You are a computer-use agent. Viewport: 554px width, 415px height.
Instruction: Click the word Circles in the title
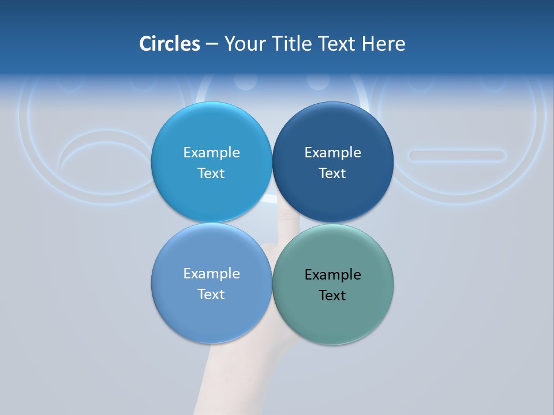pyautogui.click(x=170, y=44)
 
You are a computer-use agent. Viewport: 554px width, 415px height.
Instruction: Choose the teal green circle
pyautogui.click(x=333, y=317)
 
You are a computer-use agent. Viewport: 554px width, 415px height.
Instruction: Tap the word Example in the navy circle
pyautogui.click(x=332, y=153)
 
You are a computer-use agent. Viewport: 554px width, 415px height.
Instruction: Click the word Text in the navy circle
pyautogui.click(x=332, y=173)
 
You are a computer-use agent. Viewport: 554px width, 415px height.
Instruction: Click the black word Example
pyautogui.click(x=332, y=275)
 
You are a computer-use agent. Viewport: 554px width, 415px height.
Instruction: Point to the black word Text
pyautogui.click(x=332, y=296)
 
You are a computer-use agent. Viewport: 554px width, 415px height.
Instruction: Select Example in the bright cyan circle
pyautogui.click(x=211, y=153)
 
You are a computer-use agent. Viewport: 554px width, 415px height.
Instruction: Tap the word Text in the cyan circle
pyautogui.click(x=211, y=173)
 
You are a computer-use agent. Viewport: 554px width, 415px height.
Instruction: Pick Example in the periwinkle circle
pyautogui.click(x=211, y=274)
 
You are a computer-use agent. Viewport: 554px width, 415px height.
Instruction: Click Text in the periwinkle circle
pyautogui.click(x=211, y=295)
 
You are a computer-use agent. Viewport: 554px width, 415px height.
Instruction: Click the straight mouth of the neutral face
pyautogui.click(x=456, y=155)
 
